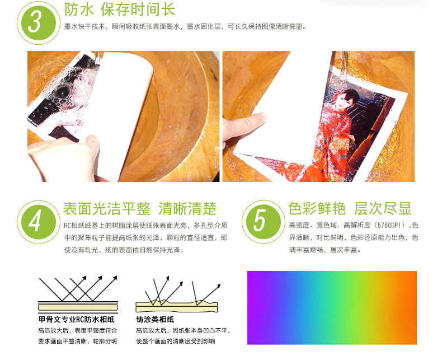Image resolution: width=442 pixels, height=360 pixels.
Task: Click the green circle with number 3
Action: pyautogui.click(x=39, y=23)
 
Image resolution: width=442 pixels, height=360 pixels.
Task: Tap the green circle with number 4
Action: pyautogui.click(x=39, y=222)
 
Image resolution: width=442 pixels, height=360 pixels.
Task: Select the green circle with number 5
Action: pyautogui.click(x=264, y=222)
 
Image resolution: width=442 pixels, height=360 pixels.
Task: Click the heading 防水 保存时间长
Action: pyautogui.click(x=120, y=10)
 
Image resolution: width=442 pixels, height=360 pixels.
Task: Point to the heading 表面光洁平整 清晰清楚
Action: pyautogui.click(x=139, y=209)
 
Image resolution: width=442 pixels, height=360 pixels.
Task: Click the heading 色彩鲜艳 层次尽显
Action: pyautogui.click(x=350, y=209)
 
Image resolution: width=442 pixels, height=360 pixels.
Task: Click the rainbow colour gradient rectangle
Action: pyautogui.click(x=332, y=308)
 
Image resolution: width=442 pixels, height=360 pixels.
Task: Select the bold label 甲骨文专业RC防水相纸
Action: pyautogui.click(x=77, y=319)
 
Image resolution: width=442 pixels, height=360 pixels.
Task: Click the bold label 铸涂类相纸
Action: pyautogui.click(x=155, y=319)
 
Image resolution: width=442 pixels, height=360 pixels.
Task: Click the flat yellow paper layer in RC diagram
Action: pyautogui.click(x=78, y=307)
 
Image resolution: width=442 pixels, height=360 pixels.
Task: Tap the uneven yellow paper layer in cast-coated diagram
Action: pyautogui.click(x=176, y=307)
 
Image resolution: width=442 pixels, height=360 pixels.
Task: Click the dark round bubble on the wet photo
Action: pyautogui.click(x=62, y=92)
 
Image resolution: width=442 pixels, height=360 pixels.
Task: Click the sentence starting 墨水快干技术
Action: pyautogui.click(x=185, y=27)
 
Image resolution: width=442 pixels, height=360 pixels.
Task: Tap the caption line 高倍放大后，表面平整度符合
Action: pyautogui.click(x=78, y=331)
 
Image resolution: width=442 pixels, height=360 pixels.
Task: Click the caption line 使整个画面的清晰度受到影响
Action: pyautogui.click(x=176, y=342)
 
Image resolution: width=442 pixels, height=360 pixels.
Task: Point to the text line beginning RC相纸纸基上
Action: pyautogui.click(x=145, y=226)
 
